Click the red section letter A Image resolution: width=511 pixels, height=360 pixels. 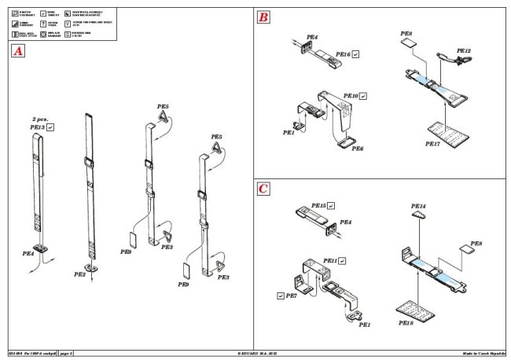pos(17,52)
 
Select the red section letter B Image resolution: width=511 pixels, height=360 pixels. pos(263,17)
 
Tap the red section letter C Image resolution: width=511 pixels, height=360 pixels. pos(263,189)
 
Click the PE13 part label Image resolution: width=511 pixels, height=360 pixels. pos(36,126)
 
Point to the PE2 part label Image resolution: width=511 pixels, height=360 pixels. pos(79,274)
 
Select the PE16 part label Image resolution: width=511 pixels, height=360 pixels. pos(342,54)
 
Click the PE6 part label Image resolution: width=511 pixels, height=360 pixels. pos(358,149)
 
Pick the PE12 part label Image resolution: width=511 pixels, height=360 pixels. pos(463,51)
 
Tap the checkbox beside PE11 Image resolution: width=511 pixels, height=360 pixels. pos(343,259)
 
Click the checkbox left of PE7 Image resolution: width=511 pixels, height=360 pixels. pos(281,296)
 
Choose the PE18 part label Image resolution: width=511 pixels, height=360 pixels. pos(406,323)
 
